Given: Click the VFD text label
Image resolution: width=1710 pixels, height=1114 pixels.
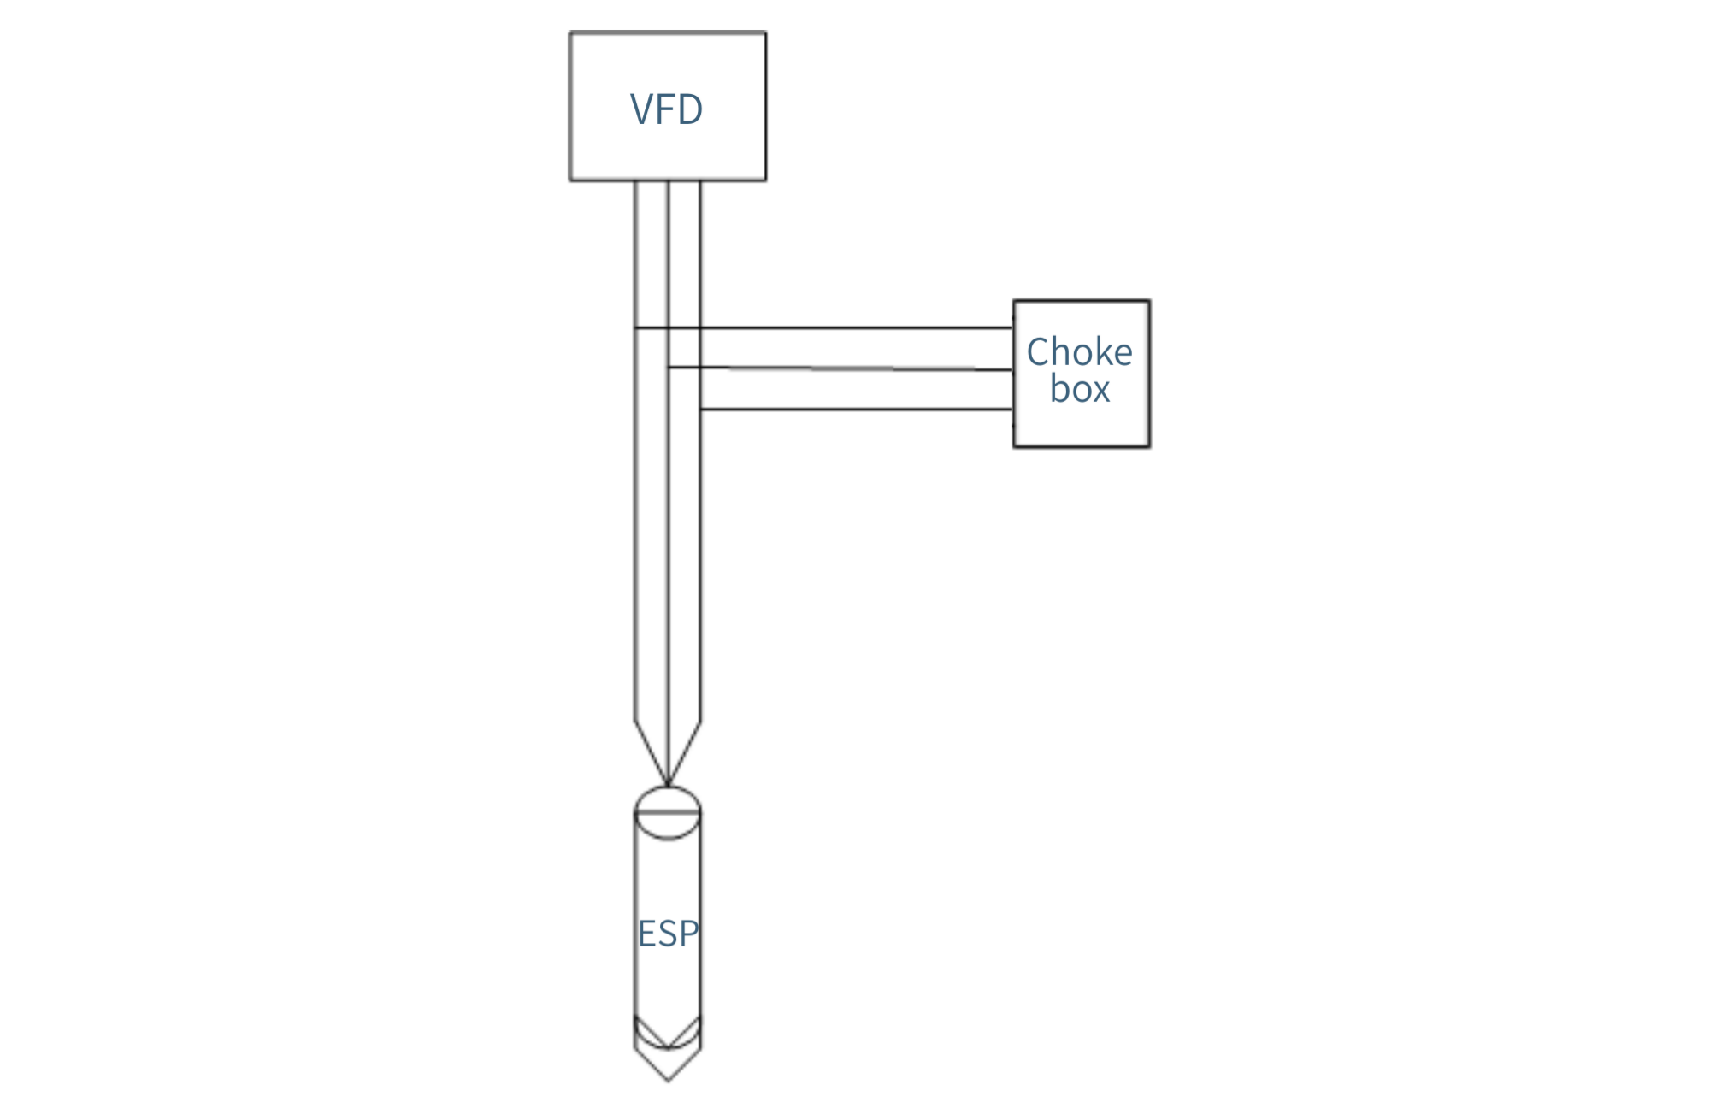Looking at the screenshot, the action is click(666, 109).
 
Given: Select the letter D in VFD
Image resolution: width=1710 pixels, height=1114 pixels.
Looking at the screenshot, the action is click(691, 109).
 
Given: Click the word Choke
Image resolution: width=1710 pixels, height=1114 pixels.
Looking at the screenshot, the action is click(1079, 351).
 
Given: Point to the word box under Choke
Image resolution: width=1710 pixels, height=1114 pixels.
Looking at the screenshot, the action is click(1080, 389).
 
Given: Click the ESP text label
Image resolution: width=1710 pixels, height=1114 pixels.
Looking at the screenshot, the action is click(669, 934).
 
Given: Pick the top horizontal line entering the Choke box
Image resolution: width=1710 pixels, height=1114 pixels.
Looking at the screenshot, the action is click(824, 327).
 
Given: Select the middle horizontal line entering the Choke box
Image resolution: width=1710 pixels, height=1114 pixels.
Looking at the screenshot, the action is click(840, 368).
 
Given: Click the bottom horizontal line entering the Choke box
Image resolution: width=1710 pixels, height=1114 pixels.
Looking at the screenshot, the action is click(857, 410).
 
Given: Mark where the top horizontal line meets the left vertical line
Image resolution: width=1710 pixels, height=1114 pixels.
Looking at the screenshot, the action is click(635, 327).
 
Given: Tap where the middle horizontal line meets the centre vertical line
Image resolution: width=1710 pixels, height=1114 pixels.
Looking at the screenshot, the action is click(668, 368).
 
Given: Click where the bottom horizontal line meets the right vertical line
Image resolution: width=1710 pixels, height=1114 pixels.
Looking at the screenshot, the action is click(700, 410).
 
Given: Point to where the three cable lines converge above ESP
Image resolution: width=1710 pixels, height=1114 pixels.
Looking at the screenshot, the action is click(668, 785).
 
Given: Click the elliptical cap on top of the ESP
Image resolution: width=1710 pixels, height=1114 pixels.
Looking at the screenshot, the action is click(668, 787).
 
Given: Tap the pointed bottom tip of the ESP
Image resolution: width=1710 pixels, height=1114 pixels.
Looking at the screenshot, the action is click(668, 1082).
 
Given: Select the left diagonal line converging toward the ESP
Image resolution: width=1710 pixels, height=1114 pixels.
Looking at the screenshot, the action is click(652, 752).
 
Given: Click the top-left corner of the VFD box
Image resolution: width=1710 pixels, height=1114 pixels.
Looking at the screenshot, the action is click(570, 33).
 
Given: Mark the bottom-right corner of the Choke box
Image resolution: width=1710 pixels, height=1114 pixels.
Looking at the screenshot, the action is click(1149, 446).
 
